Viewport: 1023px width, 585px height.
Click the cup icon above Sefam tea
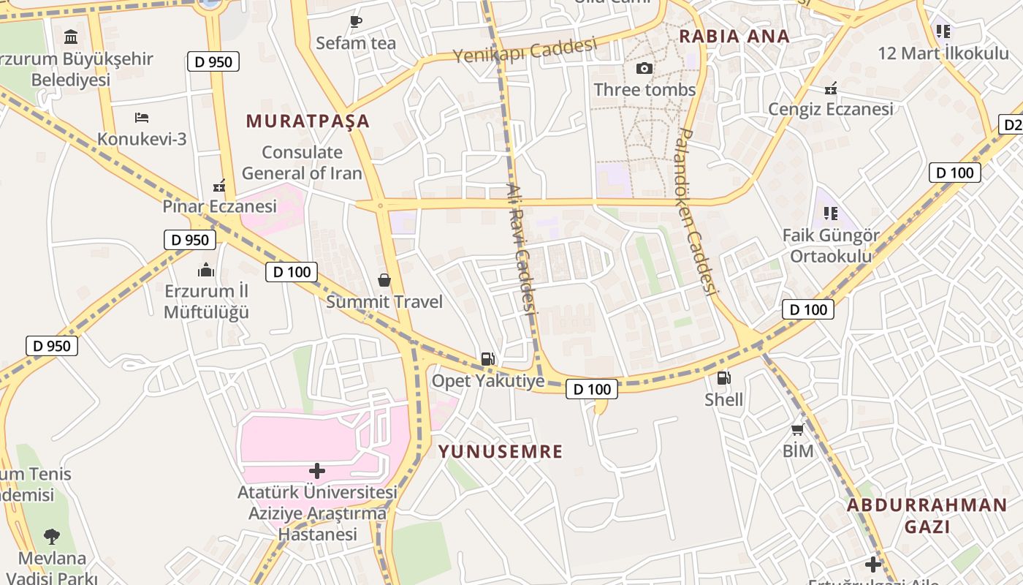tap(356, 21)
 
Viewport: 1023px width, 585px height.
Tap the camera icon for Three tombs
tap(644, 68)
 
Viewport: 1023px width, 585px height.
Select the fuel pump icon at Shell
tap(723, 378)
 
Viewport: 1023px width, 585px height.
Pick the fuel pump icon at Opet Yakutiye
tap(487, 359)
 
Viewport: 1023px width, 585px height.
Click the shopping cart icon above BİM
tap(797, 429)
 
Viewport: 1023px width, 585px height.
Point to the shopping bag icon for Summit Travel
tap(384, 280)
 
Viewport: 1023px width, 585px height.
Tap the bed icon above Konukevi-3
tap(142, 117)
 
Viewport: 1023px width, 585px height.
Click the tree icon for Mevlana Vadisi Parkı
tap(52, 537)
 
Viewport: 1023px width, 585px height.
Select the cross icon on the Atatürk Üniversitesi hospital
tap(317, 470)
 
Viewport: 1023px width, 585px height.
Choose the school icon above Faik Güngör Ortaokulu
tap(830, 213)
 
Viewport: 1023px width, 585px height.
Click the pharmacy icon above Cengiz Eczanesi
tap(830, 89)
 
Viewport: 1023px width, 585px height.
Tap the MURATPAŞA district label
tap(308, 121)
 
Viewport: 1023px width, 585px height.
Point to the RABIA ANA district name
tap(734, 36)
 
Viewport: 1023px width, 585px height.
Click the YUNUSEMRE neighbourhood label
tap(501, 451)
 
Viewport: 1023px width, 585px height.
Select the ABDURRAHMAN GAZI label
tap(927, 516)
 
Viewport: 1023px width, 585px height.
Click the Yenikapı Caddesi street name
tap(525, 50)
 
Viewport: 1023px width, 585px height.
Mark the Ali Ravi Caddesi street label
tap(522, 249)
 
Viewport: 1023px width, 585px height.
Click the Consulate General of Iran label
tap(302, 162)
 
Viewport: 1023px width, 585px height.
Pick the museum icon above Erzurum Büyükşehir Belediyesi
tap(71, 36)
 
